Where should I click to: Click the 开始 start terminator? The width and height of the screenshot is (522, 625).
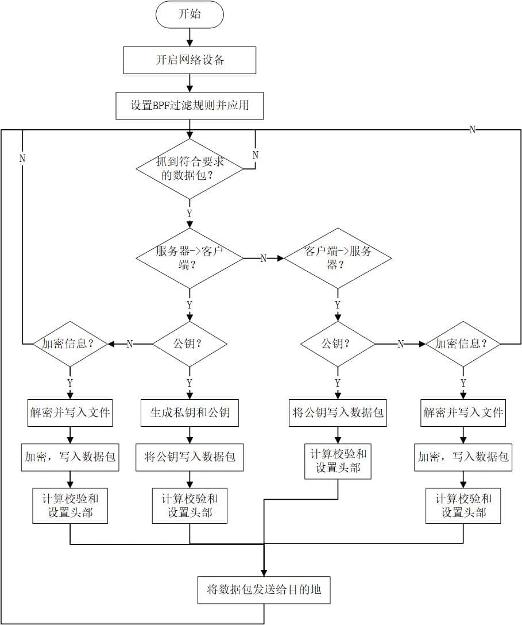(190, 14)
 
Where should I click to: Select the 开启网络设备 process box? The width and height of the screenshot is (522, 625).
(190, 60)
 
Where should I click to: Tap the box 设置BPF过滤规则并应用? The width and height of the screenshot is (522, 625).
(190, 106)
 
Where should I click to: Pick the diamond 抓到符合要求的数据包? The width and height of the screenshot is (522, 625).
(190, 168)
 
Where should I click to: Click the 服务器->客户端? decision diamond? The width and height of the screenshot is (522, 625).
(190, 259)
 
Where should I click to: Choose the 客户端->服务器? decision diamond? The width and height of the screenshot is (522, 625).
(338, 259)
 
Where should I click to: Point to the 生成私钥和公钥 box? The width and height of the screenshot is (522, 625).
(190, 412)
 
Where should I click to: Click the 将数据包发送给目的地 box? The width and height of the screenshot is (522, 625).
(264, 589)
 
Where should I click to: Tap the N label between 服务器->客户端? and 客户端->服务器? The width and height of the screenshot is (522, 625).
(264, 259)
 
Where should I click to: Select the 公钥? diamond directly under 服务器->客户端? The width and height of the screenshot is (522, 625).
(190, 344)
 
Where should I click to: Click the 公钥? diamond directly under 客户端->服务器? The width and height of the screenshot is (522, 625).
(338, 344)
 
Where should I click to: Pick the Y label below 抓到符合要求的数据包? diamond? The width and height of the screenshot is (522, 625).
(190, 213)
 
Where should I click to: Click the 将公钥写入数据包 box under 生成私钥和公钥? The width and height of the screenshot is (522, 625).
(190, 457)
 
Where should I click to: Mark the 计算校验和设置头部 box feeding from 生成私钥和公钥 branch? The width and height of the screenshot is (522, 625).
(190, 506)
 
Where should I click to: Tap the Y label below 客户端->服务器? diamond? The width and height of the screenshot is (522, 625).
(338, 304)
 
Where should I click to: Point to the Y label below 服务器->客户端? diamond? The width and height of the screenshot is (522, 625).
(190, 304)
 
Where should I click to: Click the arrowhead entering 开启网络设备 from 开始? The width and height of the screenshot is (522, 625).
(190, 44)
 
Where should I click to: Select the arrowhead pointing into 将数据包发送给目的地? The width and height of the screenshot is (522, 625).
(264, 572)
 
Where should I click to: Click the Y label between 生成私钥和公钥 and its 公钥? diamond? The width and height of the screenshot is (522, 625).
(190, 383)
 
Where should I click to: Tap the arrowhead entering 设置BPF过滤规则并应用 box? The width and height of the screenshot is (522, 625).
(190, 89)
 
